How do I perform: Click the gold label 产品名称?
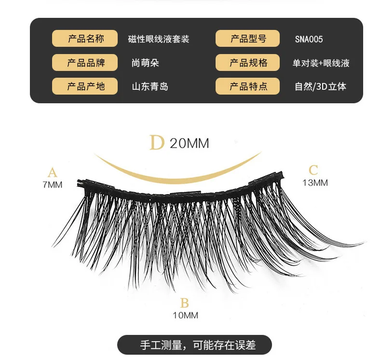click(x=85, y=39)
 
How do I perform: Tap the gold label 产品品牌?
click(x=85, y=62)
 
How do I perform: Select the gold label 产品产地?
click(x=85, y=86)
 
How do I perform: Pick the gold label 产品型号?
click(x=247, y=39)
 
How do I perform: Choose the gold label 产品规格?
click(x=247, y=62)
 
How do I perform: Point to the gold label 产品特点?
click(x=247, y=86)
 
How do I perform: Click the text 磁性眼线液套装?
click(x=159, y=39)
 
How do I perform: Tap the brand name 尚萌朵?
click(x=145, y=63)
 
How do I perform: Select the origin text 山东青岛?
click(x=150, y=86)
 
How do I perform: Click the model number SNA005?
click(x=309, y=39)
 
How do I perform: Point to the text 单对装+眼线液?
click(x=321, y=63)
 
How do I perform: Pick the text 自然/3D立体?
click(x=321, y=86)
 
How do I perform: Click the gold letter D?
click(x=157, y=142)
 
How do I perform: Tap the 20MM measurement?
click(x=189, y=143)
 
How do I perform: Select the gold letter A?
click(x=53, y=172)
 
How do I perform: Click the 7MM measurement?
click(x=53, y=185)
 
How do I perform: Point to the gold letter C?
click(x=313, y=170)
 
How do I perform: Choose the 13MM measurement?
click(x=315, y=182)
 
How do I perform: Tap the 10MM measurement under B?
click(x=185, y=315)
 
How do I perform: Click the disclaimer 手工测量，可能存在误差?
click(x=198, y=345)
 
